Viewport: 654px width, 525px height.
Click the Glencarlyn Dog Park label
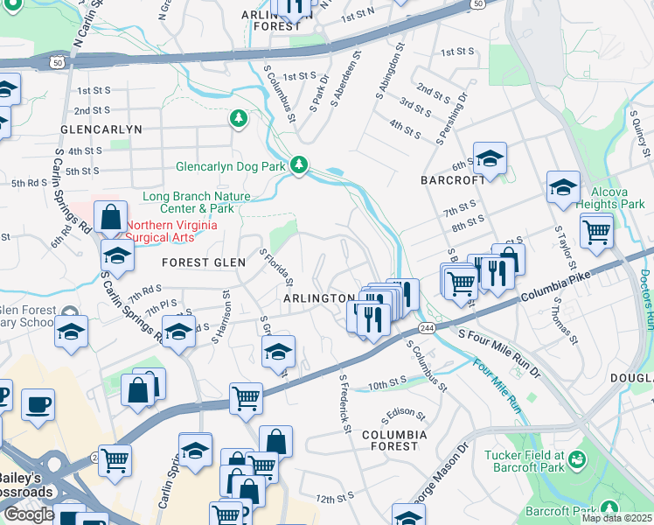click(x=232, y=165)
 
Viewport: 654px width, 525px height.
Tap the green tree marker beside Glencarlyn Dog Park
click(x=299, y=164)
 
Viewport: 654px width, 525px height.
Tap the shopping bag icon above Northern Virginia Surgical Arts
click(x=112, y=217)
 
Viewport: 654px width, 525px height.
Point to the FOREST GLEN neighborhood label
click(x=198, y=262)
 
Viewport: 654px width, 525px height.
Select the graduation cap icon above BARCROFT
click(x=491, y=158)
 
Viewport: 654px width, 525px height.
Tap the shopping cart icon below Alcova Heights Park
click(x=596, y=231)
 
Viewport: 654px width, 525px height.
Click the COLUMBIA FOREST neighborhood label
click(x=394, y=440)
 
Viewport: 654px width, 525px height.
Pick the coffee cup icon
click(x=38, y=405)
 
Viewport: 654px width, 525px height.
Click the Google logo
click(x=28, y=514)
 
